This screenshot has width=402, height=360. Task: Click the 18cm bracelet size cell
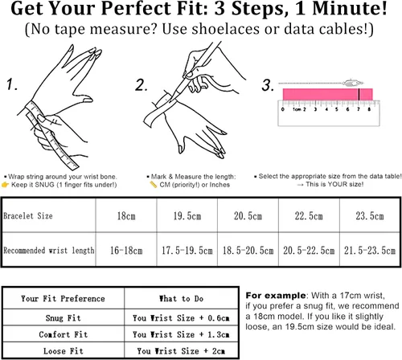(x=126, y=215)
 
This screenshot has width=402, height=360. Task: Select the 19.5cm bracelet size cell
(x=187, y=215)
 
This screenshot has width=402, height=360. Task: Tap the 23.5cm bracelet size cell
(x=370, y=215)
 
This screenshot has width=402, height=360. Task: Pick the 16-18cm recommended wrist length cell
(x=126, y=250)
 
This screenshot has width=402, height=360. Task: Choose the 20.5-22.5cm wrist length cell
(x=309, y=250)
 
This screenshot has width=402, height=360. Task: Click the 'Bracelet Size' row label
(x=28, y=216)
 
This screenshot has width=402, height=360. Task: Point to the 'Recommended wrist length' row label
(x=49, y=251)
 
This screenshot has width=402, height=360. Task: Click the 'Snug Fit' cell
(x=64, y=317)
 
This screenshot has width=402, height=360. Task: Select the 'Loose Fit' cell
(x=64, y=350)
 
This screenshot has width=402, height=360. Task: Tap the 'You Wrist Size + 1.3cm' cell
(x=181, y=334)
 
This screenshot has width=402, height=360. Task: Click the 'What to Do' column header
(x=181, y=298)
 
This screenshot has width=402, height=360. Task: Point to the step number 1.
(x=12, y=84)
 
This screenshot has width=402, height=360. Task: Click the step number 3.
(x=268, y=85)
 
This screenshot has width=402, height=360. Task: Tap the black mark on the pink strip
(x=359, y=94)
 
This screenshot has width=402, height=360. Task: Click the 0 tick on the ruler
(x=283, y=109)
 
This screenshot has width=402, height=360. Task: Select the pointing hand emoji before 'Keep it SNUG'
(x=5, y=185)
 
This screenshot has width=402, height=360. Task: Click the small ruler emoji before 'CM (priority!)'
(x=154, y=184)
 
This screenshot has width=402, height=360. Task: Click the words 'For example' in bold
(x=276, y=296)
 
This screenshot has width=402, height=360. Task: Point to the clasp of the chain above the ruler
(x=352, y=83)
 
